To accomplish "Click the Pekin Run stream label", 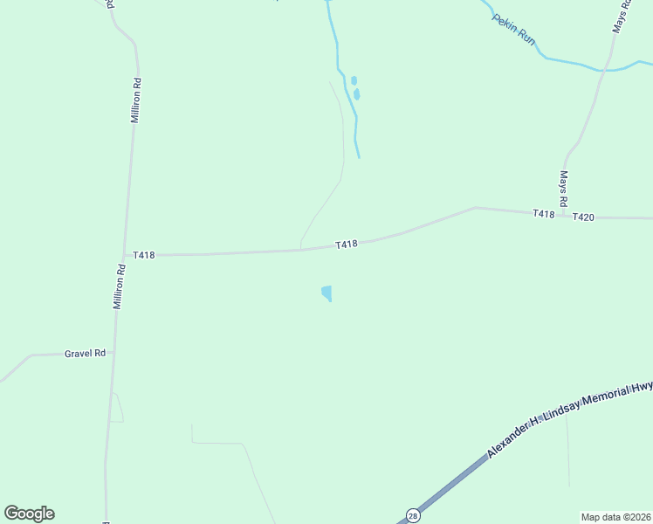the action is click(x=513, y=29).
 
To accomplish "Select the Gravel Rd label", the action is click(x=85, y=354).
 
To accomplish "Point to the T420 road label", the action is click(x=583, y=217).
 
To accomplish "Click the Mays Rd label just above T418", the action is click(x=564, y=189).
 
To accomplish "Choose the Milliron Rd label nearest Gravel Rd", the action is click(x=120, y=288).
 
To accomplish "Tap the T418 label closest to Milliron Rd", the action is click(x=144, y=255).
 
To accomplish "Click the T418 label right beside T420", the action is click(x=544, y=214).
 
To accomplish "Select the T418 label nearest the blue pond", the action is click(x=347, y=245).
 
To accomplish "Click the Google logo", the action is click(x=29, y=514).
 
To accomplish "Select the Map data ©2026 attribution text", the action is click(x=615, y=516).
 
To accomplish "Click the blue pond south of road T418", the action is click(x=326, y=293).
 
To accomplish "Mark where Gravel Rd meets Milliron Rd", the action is click(x=113, y=353).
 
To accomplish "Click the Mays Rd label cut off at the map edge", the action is click(x=619, y=17).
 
